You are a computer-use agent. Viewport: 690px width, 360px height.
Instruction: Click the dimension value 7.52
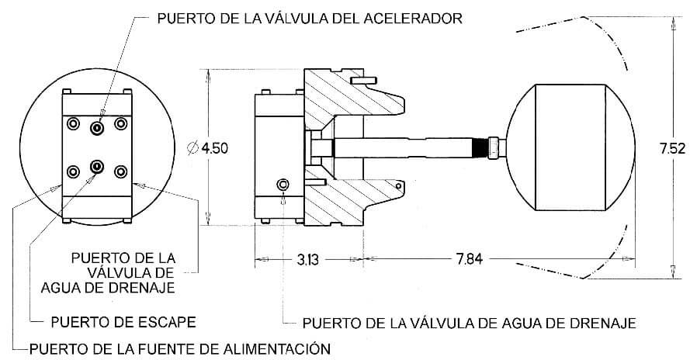pyautogui.click(x=672, y=149)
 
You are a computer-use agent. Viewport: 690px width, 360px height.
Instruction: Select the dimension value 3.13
pyautogui.click(x=307, y=260)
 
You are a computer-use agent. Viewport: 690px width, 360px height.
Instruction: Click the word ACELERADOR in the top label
pyautogui.click(x=413, y=19)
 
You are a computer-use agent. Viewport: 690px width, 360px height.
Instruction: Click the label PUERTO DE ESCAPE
pyautogui.click(x=123, y=322)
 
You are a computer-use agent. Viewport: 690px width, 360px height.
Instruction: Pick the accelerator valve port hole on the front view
pyautogui.click(x=97, y=128)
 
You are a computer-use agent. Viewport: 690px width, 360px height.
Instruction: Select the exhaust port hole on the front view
pyautogui.click(x=97, y=166)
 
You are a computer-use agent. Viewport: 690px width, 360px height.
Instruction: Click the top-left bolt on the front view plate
pyautogui.click(x=73, y=123)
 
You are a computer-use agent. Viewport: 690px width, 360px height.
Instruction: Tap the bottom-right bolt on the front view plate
pyautogui.click(x=120, y=171)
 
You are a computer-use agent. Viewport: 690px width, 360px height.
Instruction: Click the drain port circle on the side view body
pyautogui.click(x=283, y=185)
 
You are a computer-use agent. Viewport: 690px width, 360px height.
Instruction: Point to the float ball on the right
pyautogui.click(x=570, y=147)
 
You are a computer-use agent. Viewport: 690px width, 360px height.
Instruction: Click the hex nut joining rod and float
pyautogui.click(x=494, y=147)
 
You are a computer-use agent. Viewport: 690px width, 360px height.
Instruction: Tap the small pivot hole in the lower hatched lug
pyautogui.click(x=398, y=186)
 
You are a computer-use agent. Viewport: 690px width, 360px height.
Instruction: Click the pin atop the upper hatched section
pyautogui.click(x=363, y=80)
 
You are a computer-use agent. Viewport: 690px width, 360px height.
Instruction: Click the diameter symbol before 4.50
pyautogui.click(x=192, y=148)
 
